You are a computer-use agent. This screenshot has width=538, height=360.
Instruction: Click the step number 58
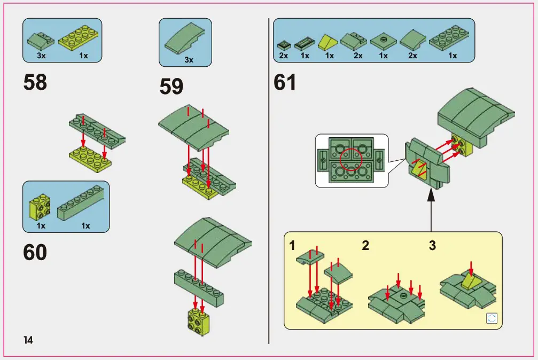(x=35, y=82)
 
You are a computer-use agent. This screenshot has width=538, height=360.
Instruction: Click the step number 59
(x=171, y=87)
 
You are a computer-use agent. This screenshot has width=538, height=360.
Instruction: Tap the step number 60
(x=35, y=253)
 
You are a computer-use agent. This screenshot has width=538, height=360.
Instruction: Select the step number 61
(x=285, y=82)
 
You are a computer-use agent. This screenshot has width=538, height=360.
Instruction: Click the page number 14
(x=28, y=340)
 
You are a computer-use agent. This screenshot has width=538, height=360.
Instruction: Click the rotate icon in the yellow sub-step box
(x=492, y=319)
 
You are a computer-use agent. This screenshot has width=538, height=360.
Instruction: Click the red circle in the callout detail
(x=351, y=159)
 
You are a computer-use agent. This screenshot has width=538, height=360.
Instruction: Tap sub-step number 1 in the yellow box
(x=292, y=246)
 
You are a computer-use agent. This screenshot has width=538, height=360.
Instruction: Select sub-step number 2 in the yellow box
(x=365, y=246)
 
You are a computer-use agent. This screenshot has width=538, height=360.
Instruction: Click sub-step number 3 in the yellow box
(x=432, y=246)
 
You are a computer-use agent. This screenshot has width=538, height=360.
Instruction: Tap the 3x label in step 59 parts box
(x=189, y=60)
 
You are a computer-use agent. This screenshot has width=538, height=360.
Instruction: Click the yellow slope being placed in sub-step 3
(x=470, y=280)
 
